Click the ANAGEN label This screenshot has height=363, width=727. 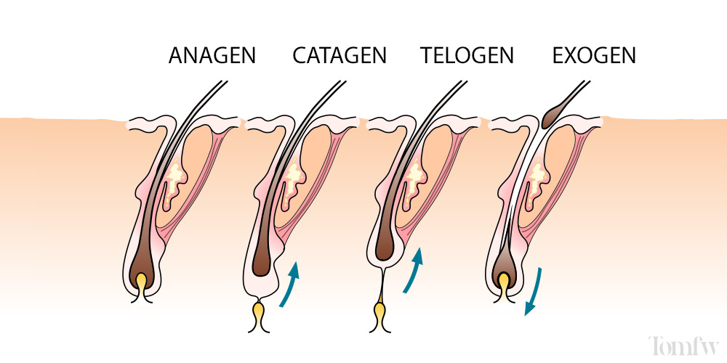212,56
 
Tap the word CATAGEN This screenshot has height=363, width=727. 340,56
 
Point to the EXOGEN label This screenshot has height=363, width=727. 594,56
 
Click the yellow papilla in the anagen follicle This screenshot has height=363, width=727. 142,281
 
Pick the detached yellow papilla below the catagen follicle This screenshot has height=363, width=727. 260,314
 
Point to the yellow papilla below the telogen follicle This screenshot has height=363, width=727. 379,313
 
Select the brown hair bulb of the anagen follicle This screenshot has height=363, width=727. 142,254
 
